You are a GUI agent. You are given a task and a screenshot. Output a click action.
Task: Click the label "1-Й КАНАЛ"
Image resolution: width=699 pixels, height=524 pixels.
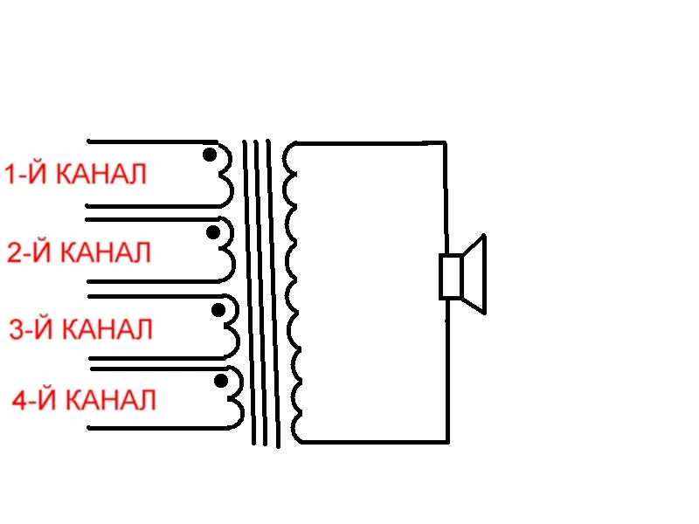75,174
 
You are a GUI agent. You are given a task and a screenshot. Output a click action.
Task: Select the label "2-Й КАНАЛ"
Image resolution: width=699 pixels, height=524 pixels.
79,252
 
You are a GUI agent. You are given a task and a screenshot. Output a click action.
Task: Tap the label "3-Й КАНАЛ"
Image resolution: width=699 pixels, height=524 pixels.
80,329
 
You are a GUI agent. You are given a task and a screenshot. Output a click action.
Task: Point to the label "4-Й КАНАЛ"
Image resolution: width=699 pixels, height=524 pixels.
84,401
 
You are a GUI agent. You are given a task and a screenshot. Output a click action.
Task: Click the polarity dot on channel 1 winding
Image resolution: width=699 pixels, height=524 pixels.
210,155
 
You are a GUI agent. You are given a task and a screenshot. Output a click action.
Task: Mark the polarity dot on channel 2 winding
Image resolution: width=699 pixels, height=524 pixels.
213,232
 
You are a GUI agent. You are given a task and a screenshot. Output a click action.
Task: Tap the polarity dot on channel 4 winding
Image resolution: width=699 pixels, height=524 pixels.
220,382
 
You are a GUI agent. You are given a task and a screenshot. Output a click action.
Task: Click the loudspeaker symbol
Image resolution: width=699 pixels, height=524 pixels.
462,274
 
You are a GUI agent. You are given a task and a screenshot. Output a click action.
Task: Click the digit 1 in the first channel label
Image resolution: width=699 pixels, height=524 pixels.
11,174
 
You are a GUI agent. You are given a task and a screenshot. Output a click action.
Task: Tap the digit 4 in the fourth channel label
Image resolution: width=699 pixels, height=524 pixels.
21,401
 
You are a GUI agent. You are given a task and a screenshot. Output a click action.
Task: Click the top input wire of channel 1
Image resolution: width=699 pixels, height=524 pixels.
149,141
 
